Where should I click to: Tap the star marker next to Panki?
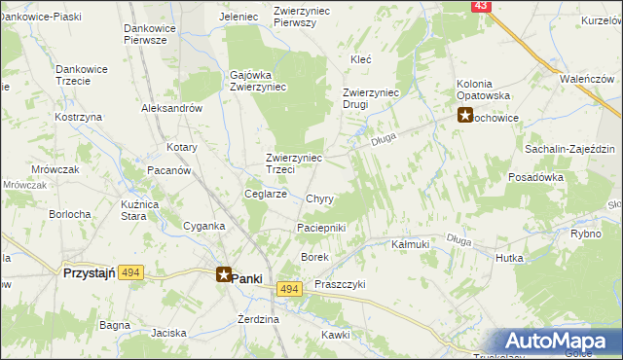(224, 276)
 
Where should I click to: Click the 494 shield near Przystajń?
(131, 274)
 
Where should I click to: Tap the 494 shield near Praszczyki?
(288, 289)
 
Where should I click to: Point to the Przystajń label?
(90, 274)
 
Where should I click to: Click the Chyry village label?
(319, 198)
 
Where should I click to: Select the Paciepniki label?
(321, 228)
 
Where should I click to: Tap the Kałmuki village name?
(410, 244)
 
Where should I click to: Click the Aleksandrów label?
(171, 109)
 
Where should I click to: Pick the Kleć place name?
(361, 59)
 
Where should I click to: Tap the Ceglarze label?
(265, 194)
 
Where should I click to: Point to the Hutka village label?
(509, 258)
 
